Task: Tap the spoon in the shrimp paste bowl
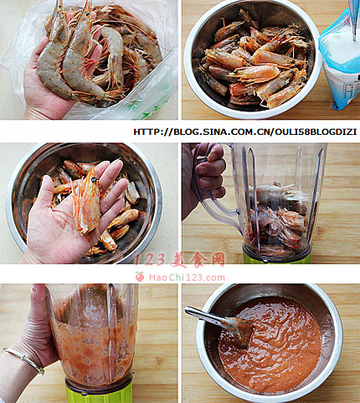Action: pyautogui.click(x=220, y=324)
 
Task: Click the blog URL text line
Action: pyautogui.click(x=245, y=132)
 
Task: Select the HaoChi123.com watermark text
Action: pyautogui.click(x=187, y=277)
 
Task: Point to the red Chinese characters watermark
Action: pyautogui.click(x=179, y=260)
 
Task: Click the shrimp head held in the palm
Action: pyautogui.click(x=86, y=201)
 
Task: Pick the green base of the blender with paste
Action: pyautogui.click(x=99, y=391)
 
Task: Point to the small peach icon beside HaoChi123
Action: pyautogui.click(x=140, y=276)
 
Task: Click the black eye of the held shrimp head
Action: pyautogui.click(x=95, y=179)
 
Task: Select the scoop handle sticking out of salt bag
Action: pyautogui.click(x=354, y=19)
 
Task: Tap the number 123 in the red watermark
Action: pyautogui.click(x=151, y=260)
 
